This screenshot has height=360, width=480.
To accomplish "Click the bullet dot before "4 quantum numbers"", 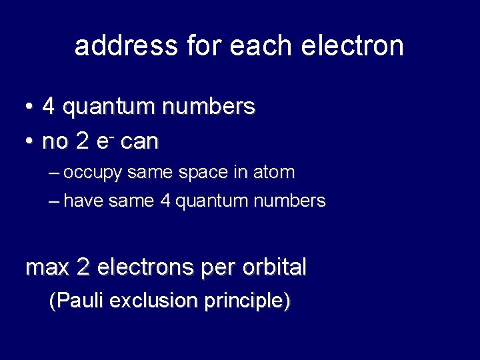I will click(x=29, y=107).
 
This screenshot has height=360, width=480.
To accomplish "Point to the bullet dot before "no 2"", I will click(x=29, y=141).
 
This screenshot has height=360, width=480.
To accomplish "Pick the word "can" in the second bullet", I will click(x=139, y=141).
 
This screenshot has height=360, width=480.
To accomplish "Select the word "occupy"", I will click(x=93, y=173).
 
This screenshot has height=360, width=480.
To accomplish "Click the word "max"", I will click(x=47, y=268).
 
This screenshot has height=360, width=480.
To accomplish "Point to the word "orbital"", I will click(x=274, y=268).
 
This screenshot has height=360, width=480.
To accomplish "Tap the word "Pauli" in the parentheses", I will click(x=79, y=301).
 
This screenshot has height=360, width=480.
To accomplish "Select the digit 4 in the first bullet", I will click(x=49, y=107).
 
